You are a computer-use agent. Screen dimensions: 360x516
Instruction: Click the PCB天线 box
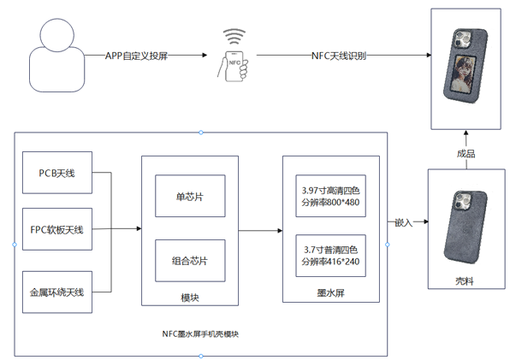click(x=57, y=172)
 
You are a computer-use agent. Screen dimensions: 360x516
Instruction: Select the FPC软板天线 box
click(x=57, y=230)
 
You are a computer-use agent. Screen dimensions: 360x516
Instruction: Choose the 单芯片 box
click(x=190, y=196)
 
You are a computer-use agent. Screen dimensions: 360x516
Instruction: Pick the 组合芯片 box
click(x=190, y=261)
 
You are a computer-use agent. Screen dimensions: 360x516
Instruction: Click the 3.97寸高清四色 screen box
click(x=330, y=196)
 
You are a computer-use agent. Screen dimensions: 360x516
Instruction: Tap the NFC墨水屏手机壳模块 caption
click(x=199, y=333)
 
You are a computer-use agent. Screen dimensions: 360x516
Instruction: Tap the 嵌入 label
click(x=403, y=222)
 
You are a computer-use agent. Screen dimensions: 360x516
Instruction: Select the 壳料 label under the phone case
click(x=465, y=280)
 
